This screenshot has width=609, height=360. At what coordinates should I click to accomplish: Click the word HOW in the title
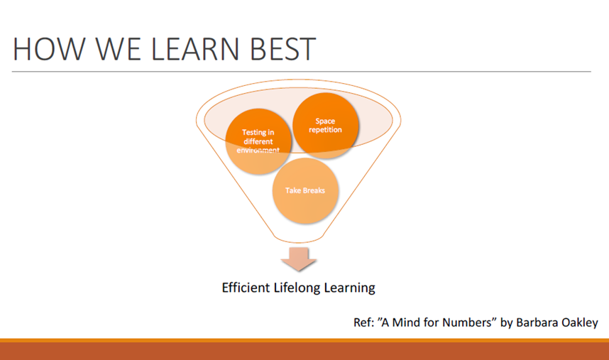pyautogui.click(x=49, y=49)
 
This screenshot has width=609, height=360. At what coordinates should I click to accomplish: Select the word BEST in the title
pyautogui.click(x=282, y=49)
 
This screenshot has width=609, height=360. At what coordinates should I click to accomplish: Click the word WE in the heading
pyautogui.click(x=118, y=49)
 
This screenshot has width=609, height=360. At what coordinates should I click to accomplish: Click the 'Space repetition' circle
pyautogui.click(x=326, y=126)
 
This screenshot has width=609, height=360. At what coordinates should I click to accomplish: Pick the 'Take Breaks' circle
pyautogui.click(x=305, y=190)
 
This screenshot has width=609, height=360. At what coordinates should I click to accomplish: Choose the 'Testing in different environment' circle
pyautogui.click(x=258, y=141)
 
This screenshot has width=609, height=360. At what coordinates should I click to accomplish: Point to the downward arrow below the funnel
pyautogui.click(x=298, y=259)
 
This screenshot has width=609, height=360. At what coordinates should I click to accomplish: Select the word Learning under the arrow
pyautogui.click(x=349, y=288)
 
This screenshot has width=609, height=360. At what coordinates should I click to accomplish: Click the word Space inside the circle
pyautogui.click(x=325, y=121)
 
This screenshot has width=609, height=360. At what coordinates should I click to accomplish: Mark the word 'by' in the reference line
pyautogui.click(x=507, y=322)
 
